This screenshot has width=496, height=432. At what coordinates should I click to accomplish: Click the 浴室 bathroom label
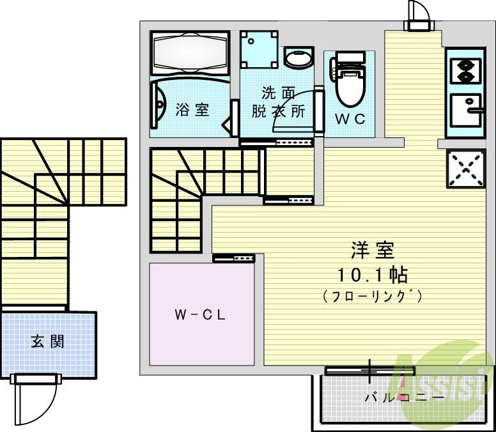192,109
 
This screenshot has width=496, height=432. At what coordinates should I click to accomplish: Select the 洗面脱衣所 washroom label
277,101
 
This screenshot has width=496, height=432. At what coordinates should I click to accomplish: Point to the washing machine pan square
259,50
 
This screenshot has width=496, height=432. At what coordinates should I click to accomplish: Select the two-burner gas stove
465,70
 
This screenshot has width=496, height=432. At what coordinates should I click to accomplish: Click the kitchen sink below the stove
465,112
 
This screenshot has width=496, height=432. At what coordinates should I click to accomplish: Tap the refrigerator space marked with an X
466,168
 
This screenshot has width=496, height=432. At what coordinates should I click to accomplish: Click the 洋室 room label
371,250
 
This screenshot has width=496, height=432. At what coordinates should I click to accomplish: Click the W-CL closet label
200,315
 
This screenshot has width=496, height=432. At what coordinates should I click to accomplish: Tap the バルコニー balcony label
404,397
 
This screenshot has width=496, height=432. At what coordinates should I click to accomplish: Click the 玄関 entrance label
47,341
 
